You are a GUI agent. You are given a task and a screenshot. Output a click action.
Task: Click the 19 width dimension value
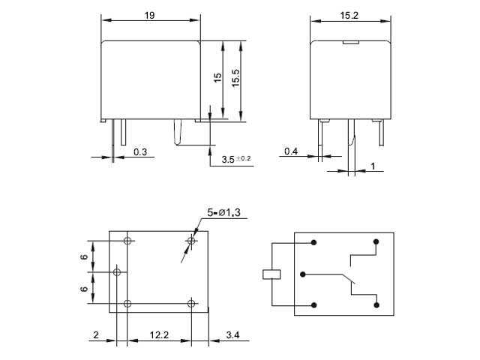[x=150, y=13]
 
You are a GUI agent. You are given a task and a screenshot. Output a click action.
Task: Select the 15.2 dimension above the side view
[x=349, y=13]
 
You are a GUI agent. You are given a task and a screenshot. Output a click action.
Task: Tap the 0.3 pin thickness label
[x=140, y=152]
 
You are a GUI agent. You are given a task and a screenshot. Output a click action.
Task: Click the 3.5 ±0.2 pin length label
[x=237, y=159]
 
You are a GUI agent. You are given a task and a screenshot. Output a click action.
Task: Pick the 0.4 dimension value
[x=292, y=152]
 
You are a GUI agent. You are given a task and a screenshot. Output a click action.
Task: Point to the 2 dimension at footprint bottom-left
[x=97, y=335]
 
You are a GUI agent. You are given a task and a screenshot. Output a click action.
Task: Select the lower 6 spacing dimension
[x=85, y=287]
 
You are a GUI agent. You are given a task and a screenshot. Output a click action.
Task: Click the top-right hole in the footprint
[x=191, y=241]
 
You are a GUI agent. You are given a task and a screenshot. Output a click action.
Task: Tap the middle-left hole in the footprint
[x=116, y=271]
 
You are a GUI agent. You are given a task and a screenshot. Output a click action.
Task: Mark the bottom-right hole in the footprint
[x=191, y=303]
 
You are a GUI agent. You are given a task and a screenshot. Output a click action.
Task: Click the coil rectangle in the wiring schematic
[x=271, y=274]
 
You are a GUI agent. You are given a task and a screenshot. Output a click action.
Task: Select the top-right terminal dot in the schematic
[x=374, y=242]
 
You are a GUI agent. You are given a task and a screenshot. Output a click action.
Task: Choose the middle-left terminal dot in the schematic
[x=301, y=274]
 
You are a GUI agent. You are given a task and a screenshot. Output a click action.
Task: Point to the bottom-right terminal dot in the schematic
[x=374, y=304]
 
